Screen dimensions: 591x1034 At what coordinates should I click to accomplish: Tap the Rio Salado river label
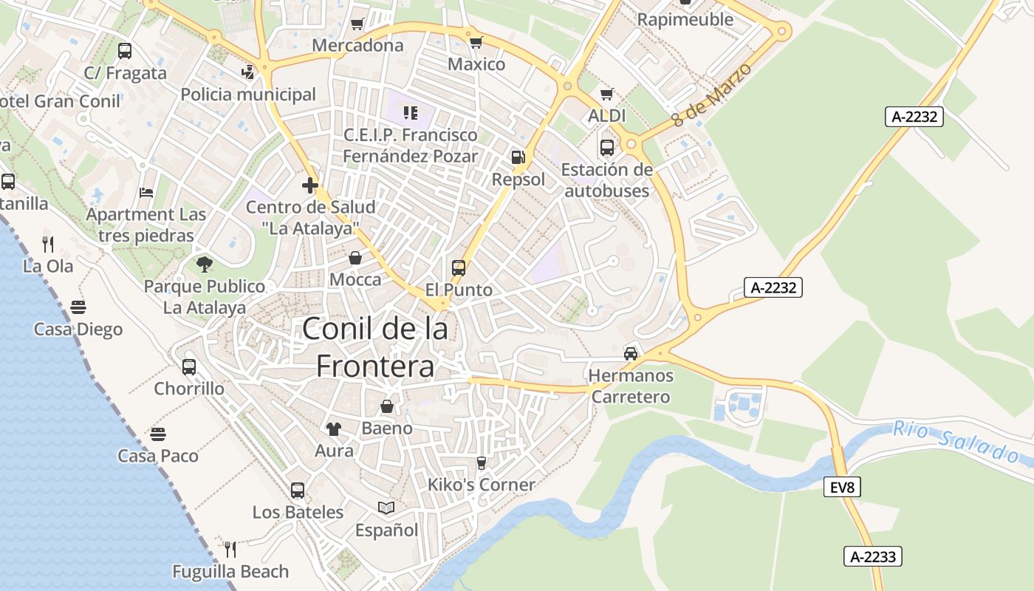[x=959, y=441]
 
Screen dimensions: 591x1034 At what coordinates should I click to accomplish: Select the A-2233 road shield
[x=874, y=556]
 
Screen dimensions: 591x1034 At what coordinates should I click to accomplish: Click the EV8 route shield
[x=842, y=487]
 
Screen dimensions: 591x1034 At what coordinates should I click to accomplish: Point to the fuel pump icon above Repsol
[x=518, y=157]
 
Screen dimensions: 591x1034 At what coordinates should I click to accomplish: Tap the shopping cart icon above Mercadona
[x=357, y=24]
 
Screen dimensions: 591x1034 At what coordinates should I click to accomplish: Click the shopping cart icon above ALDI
[x=607, y=95]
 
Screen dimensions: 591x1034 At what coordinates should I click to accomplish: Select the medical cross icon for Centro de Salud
[x=310, y=185]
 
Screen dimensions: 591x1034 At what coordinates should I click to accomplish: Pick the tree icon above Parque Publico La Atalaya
[x=205, y=264]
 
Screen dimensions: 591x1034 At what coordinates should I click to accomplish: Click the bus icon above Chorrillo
[x=189, y=366]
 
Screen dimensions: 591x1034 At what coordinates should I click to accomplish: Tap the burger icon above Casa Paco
[x=158, y=434]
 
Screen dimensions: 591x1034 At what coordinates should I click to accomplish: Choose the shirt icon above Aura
[x=334, y=428]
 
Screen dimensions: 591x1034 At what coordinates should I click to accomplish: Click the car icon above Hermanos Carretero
[x=631, y=354]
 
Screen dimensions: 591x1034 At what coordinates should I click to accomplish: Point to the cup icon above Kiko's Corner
[x=482, y=462]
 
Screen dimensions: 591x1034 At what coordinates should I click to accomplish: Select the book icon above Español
[x=386, y=508]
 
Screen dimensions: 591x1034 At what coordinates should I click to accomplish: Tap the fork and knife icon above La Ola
[x=48, y=244]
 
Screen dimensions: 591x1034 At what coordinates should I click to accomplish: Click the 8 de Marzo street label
[x=711, y=95]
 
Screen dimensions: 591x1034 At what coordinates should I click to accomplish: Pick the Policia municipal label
[x=248, y=95]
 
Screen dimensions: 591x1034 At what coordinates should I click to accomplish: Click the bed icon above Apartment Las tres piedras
[x=146, y=193]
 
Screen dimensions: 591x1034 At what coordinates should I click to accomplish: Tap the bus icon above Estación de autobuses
[x=607, y=148]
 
